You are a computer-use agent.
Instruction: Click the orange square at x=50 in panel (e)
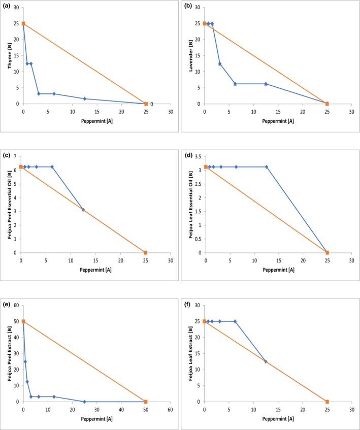pos(146,402)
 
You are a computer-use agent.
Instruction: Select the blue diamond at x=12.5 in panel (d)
pos(267,167)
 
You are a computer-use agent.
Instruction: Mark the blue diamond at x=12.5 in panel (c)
pos(83,210)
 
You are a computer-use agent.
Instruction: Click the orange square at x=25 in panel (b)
pos(327,104)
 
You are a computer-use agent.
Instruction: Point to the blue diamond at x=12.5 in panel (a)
pos(85,98)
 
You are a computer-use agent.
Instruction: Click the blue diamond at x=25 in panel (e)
pos(85,402)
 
